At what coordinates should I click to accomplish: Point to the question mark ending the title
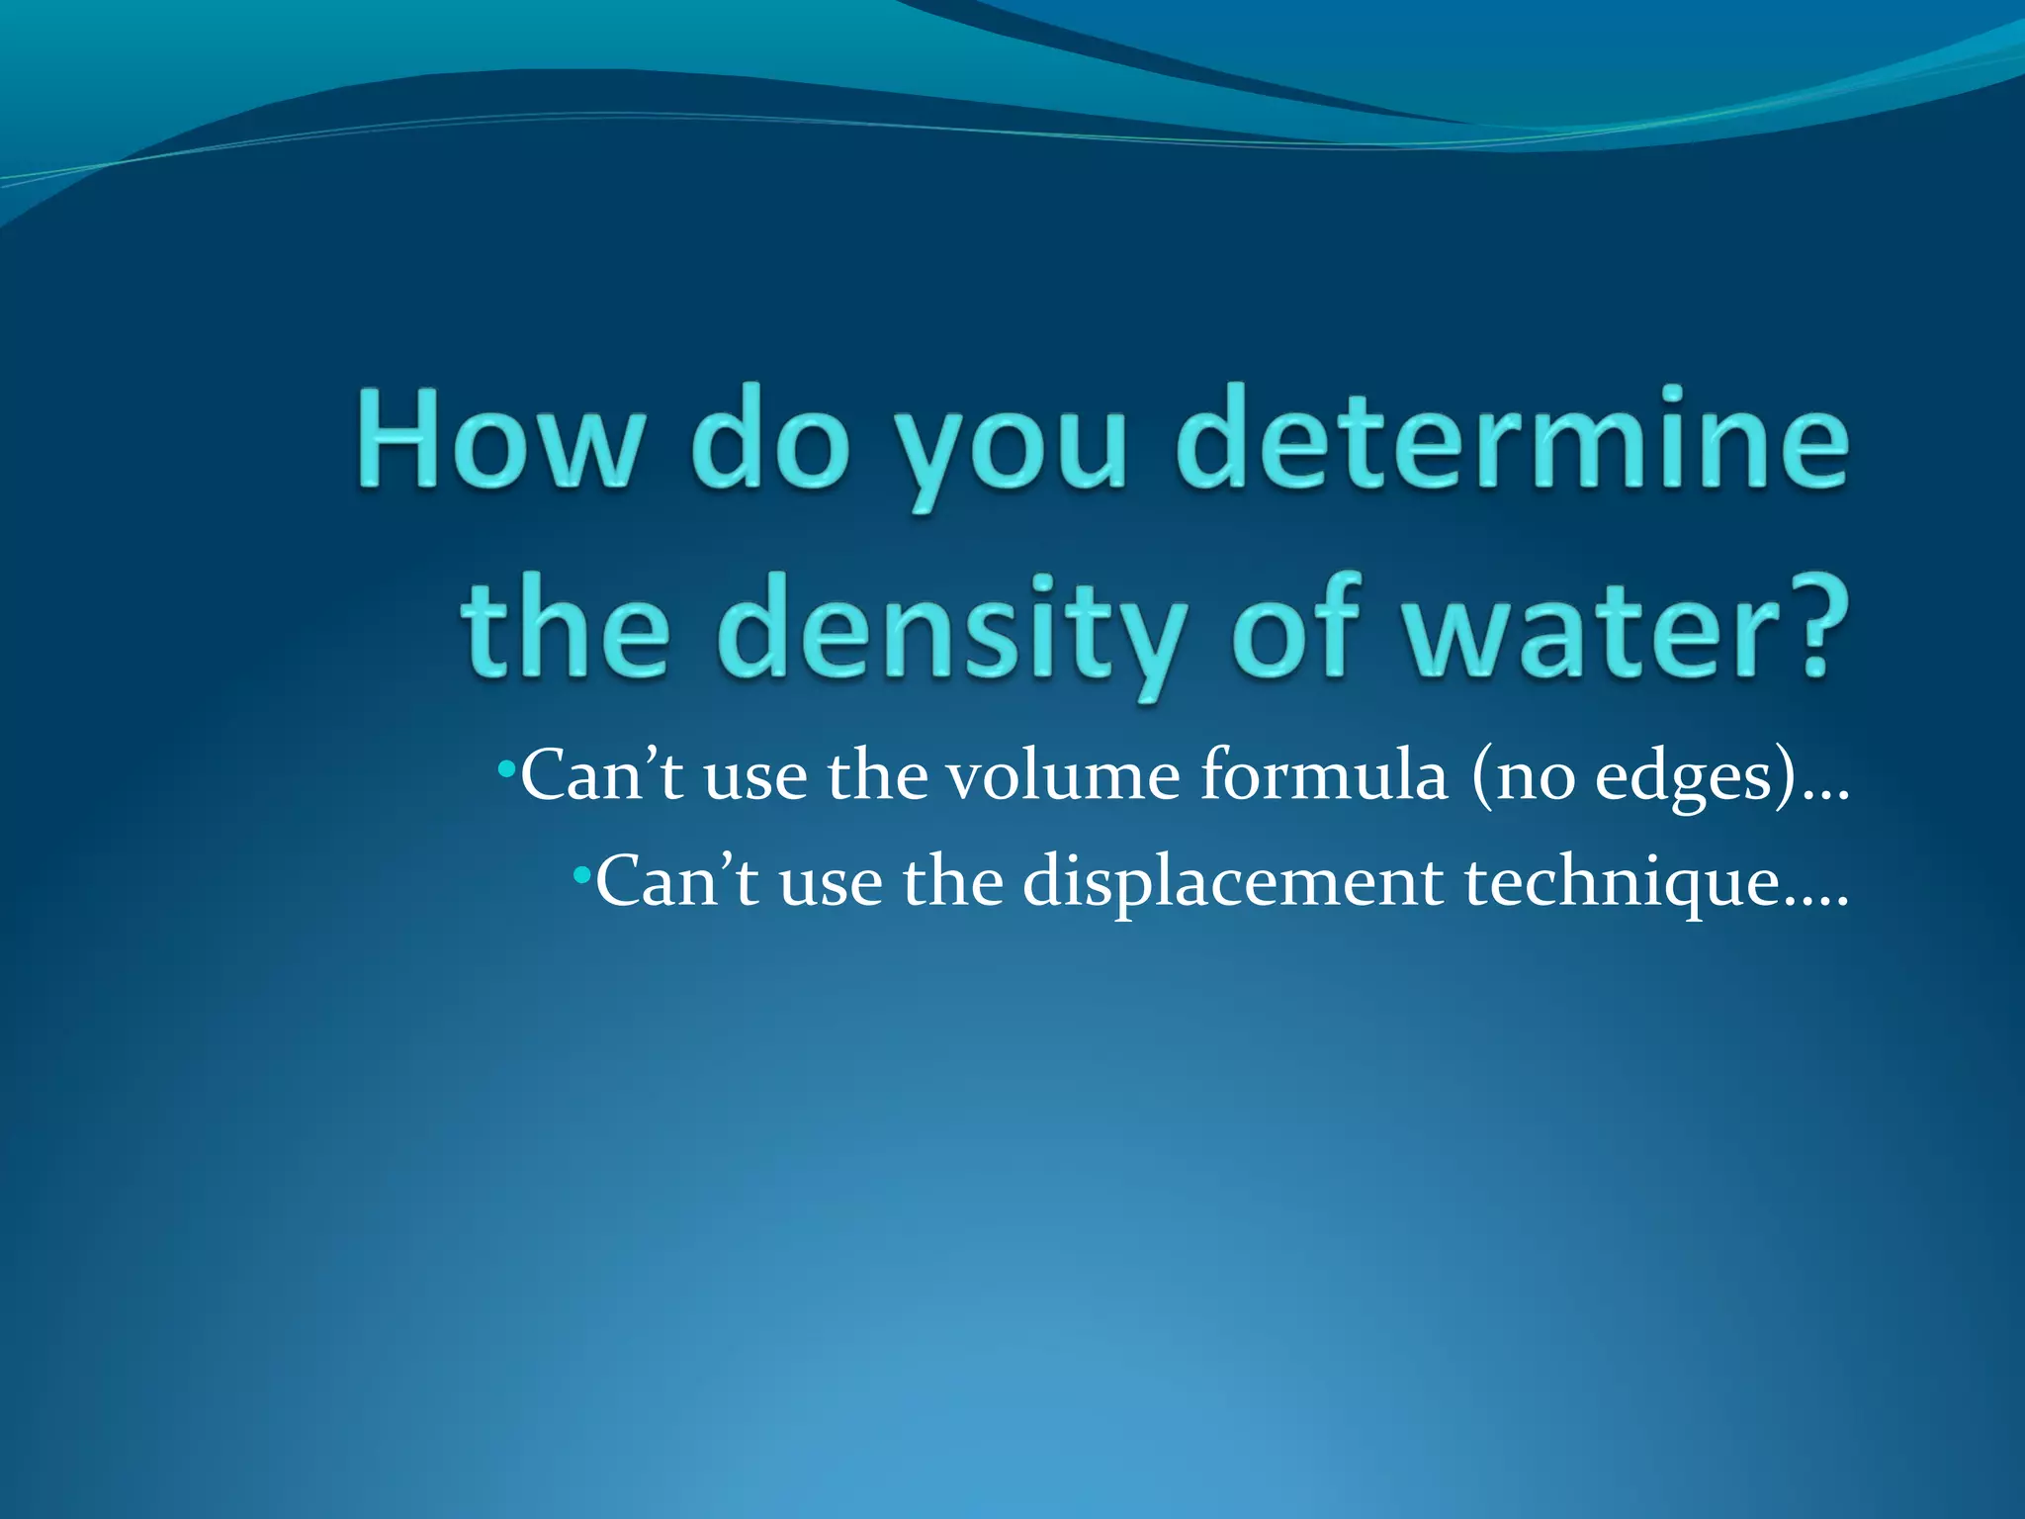(x=1817, y=628)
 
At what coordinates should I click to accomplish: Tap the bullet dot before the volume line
(x=505, y=767)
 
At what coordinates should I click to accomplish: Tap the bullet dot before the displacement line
(x=580, y=874)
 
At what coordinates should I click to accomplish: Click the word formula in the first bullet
(x=1324, y=777)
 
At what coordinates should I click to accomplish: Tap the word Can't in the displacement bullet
(x=676, y=882)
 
